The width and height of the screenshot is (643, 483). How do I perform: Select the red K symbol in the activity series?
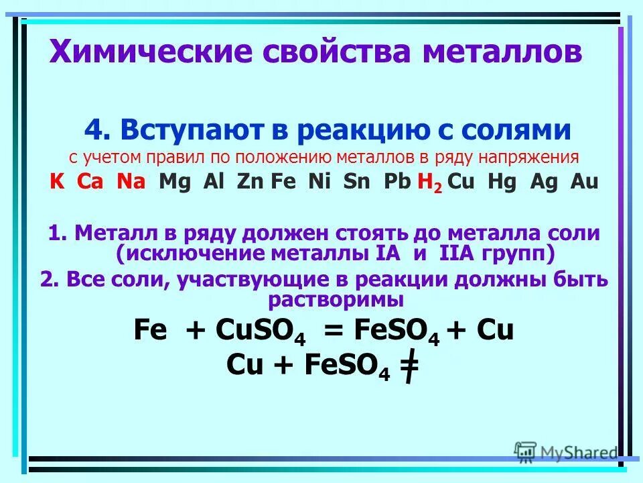tap(57, 182)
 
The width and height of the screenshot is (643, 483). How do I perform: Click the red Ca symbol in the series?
tap(90, 182)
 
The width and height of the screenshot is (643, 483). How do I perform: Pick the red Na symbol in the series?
tap(131, 182)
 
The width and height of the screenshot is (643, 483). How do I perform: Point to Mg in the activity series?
tap(174, 182)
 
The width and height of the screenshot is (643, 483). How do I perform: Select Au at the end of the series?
tap(584, 182)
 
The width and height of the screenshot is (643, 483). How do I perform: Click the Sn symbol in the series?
tap(356, 182)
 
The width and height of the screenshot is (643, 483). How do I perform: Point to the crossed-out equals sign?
tap(409, 367)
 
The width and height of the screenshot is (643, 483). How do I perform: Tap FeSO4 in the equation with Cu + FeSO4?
tap(347, 366)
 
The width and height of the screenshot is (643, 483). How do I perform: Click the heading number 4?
tap(93, 130)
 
